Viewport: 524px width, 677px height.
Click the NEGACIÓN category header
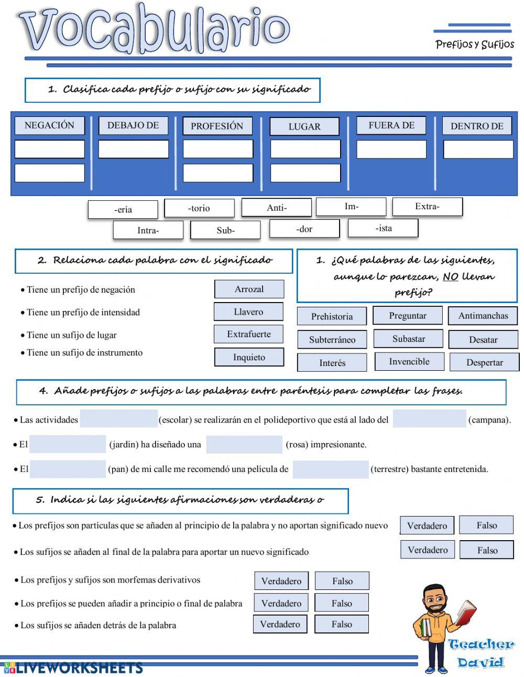coord(49,125)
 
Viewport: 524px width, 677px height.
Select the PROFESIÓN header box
coord(217,126)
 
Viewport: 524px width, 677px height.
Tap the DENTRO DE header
coord(477,126)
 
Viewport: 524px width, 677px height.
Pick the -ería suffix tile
coord(123,209)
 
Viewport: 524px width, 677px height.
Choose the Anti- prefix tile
coord(277,208)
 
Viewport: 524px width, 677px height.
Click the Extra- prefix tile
coord(427,207)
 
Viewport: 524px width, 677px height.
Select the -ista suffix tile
coord(383,228)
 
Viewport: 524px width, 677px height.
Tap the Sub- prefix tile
coord(225,230)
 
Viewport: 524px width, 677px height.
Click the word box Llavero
coord(248,311)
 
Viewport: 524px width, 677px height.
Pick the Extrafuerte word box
coord(248,334)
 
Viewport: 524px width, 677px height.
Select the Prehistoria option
coord(332,316)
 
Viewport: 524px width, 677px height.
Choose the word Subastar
coord(408,339)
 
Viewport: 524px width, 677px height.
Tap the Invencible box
coord(409,361)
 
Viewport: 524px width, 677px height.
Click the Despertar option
coord(484,362)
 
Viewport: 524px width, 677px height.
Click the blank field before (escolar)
coord(119,419)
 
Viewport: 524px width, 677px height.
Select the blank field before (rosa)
coord(244,444)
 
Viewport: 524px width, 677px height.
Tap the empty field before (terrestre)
coord(330,469)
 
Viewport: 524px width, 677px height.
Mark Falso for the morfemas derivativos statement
coord(342,581)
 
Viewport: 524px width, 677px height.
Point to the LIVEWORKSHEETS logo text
coord(79,668)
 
